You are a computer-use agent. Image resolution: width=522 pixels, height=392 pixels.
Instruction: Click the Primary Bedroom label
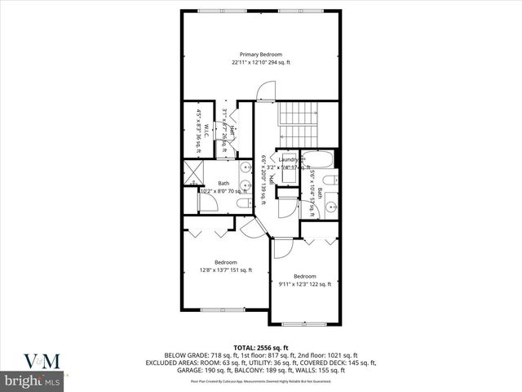[x=260, y=54]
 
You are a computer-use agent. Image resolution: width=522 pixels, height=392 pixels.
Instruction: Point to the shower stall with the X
[x=193, y=172]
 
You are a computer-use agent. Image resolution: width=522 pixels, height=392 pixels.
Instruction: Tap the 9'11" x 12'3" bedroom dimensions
[x=304, y=284]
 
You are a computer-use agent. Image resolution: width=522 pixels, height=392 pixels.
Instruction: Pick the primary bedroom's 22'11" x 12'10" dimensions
[x=260, y=62]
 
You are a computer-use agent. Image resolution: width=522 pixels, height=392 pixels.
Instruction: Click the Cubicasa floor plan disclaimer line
[x=260, y=381]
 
